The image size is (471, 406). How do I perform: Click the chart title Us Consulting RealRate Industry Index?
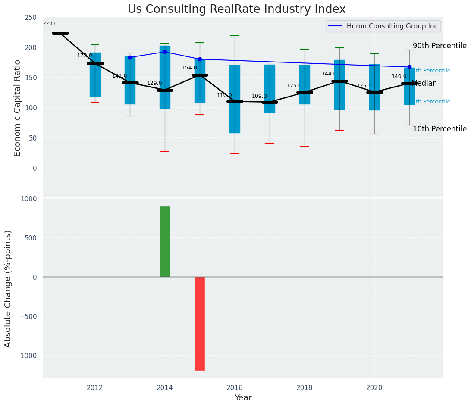coord(236,9)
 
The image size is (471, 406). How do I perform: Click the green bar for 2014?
coord(165,241)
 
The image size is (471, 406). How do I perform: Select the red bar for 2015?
coord(200,323)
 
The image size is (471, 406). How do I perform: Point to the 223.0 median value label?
coord(50,24)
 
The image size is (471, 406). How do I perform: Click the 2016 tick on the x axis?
coord(235,387)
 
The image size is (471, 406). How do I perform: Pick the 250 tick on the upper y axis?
coord(31,17)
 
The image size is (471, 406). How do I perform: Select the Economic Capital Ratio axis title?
coord(18,108)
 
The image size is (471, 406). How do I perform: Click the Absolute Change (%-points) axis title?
coord(8,288)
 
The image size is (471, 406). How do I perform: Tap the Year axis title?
coord(243,398)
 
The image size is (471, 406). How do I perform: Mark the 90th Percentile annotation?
coord(440,46)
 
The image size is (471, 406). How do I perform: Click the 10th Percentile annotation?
coord(440,129)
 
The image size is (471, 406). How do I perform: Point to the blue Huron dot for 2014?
coord(165,52)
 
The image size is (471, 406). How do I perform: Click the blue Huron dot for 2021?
coord(409,67)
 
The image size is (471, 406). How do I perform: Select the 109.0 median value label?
coord(259,97)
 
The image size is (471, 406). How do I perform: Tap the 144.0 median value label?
coord(329,74)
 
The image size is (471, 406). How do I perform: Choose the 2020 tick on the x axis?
coord(374,387)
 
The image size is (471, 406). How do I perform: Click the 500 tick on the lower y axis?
coord(31,238)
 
